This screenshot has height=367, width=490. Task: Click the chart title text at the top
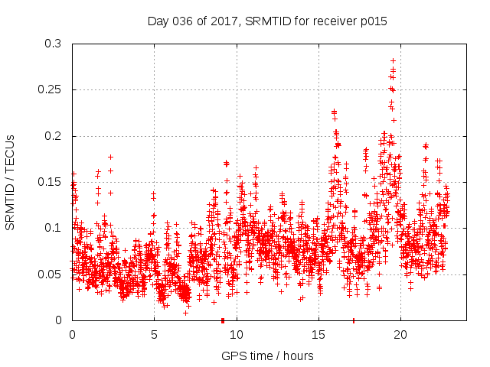click(x=267, y=21)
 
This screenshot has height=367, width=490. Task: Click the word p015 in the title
click(x=374, y=21)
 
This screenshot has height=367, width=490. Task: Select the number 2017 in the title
click(x=220, y=21)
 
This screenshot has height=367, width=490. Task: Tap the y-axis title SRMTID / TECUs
click(x=10, y=182)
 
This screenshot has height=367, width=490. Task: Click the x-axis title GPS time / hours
click(x=267, y=356)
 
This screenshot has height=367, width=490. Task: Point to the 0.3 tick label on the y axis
click(x=53, y=44)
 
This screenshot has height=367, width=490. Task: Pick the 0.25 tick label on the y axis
click(x=50, y=90)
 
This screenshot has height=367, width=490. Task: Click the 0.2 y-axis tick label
click(x=53, y=136)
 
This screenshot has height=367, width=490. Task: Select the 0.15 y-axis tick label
click(x=50, y=182)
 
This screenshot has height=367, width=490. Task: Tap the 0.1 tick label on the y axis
click(x=53, y=228)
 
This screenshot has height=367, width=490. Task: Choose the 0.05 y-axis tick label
click(x=50, y=274)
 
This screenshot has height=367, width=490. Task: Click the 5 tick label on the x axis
click(x=154, y=335)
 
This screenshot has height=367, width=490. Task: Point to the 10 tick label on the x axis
click(x=237, y=335)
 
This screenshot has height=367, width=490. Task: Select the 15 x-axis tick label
click(x=318, y=335)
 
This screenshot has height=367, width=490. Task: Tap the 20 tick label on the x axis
click(x=400, y=335)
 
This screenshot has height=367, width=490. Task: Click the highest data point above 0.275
click(x=393, y=60)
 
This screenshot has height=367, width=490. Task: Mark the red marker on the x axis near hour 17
click(x=353, y=320)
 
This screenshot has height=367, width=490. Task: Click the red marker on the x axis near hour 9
click(x=222, y=320)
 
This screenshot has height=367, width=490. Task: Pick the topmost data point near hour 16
click(x=334, y=112)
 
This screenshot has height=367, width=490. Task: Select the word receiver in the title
click(x=334, y=21)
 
